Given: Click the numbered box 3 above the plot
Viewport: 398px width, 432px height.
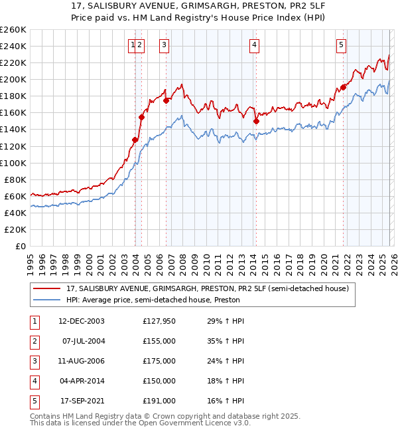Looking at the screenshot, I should [x=164, y=45].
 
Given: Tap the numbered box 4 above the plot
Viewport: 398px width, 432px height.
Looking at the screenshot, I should [x=254, y=45].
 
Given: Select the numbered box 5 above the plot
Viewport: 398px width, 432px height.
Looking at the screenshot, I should [x=341, y=45].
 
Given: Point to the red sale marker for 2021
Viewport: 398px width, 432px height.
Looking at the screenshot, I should [x=344, y=86].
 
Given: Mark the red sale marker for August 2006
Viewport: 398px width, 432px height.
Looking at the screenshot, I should [x=166, y=100].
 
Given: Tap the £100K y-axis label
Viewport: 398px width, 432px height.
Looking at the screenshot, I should [x=13, y=163].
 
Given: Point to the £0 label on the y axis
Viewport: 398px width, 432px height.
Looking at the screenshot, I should [x=20, y=246].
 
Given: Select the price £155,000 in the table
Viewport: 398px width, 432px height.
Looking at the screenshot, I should [x=159, y=341].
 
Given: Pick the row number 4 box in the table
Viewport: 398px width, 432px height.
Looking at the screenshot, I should [x=34, y=381].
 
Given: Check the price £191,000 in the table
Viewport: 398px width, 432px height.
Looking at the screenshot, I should [x=159, y=401].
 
